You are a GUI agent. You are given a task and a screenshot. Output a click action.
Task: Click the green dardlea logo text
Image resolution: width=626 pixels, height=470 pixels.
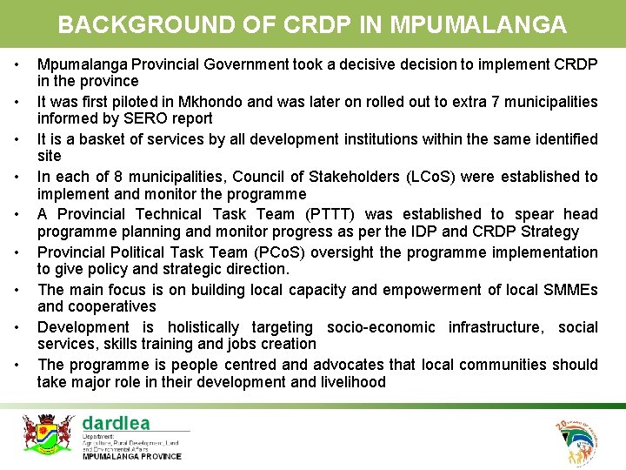[x=116, y=423]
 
